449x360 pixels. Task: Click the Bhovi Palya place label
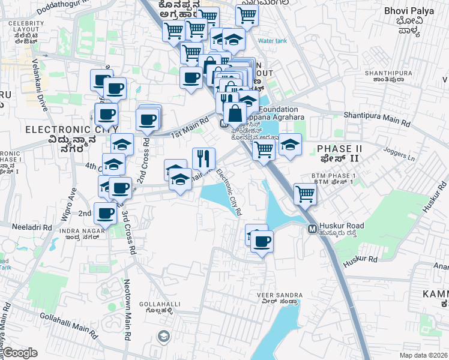[x=403, y=11]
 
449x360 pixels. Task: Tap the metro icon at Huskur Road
[x=312, y=229]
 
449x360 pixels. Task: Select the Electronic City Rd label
[x=229, y=191]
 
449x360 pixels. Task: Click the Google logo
[x=20, y=353]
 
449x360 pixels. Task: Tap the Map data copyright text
[x=424, y=355]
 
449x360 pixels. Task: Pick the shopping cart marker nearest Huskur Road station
[x=305, y=194]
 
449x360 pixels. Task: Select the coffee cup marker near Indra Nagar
[x=106, y=212]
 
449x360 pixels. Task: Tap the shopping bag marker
[x=234, y=112]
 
